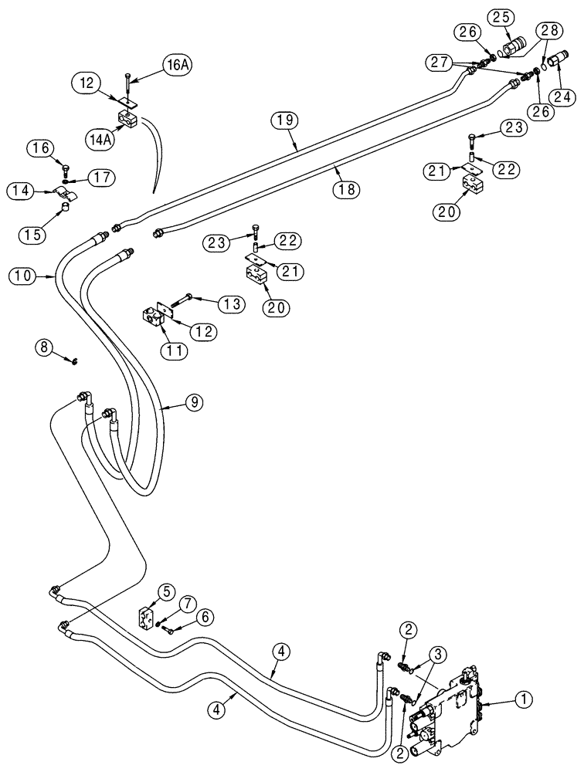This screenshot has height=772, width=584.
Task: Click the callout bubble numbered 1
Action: tap(524, 700)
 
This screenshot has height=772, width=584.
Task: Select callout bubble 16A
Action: tap(175, 66)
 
